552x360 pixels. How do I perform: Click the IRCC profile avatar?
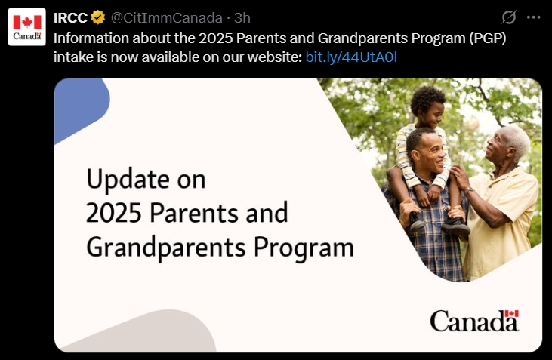[x=27, y=27]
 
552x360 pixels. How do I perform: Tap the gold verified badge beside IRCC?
[x=98, y=17]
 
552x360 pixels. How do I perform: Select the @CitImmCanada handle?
[x=167, y=17]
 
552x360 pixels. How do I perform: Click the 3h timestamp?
[x=242, y=17]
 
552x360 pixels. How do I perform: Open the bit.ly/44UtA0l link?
[x=351, y=57]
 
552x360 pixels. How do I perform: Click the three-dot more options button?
[x=533, y=17]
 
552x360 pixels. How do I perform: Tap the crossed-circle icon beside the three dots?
[x=509, y=17]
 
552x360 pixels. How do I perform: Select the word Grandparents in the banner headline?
[x=166, y=248]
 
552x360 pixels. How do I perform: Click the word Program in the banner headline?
[x=304, y=248]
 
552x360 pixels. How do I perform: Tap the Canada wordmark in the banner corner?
[x=474, y=321]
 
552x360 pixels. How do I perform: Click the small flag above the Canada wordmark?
[x=511, y=313]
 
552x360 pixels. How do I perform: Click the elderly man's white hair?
[x=516, y=140]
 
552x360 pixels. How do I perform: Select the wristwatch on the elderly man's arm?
[x=468, y=190]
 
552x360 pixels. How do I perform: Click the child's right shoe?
[x=455, y=226]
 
